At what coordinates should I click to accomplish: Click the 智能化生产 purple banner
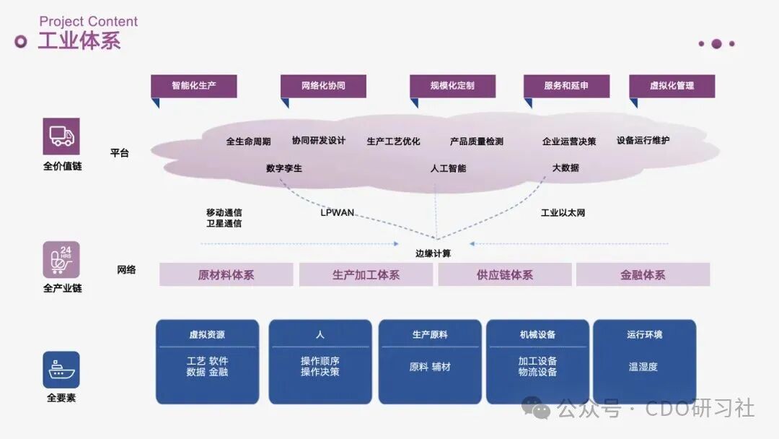pos(193,86)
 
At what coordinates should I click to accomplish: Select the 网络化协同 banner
pos(323,86)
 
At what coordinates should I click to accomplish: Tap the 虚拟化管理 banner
pos(672,86)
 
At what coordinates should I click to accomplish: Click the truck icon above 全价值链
pos(61,136)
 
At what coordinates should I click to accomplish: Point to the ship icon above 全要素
pos(61,370)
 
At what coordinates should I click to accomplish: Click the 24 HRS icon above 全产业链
pos(61,259)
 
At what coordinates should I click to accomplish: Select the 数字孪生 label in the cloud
pos(284,168)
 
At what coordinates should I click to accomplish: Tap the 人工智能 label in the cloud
pos(448,168)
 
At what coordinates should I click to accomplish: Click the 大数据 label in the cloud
pos(565,168)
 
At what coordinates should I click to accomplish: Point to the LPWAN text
pos(338,213)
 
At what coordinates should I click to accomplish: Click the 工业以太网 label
pos(563,213)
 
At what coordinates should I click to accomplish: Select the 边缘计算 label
pos(433,253)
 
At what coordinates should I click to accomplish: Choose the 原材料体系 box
pos(226,274)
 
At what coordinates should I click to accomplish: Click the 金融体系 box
pos(643,274)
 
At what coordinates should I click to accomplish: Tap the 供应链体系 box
pos(505,274)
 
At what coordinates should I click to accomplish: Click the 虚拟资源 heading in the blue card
pos(207,335)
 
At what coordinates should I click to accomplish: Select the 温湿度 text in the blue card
pos(643,367)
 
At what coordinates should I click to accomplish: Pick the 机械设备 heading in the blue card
pos(537,335)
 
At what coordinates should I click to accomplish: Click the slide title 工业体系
pos(79,40)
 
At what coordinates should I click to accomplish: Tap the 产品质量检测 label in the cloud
pos(477,142)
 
